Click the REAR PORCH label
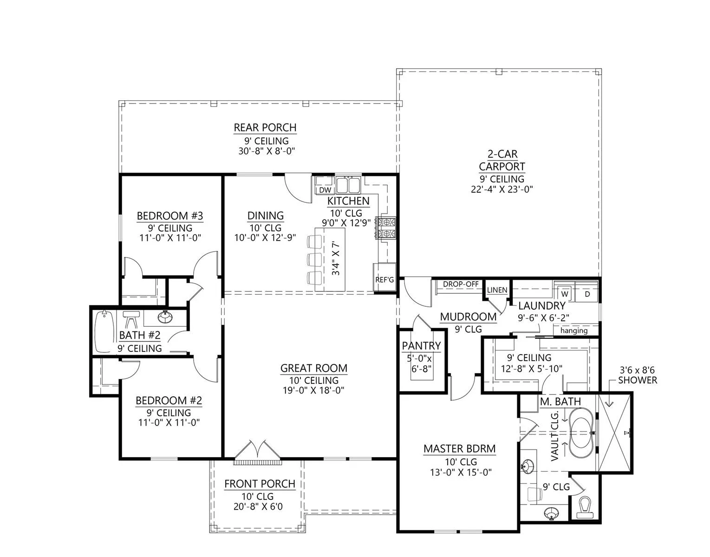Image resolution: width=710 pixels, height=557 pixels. coord(265,127)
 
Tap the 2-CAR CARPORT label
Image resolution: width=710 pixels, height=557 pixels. coord(502,160)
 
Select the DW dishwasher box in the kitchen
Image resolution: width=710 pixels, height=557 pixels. coord(325,190)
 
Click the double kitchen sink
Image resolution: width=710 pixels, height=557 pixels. coord(348,185)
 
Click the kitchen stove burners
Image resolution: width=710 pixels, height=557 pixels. coord(386,228)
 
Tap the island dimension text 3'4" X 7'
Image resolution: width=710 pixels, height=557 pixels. coord(336,258)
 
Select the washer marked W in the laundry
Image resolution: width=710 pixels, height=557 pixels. coord(565,293)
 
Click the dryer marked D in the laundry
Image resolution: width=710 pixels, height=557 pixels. coord(587,294)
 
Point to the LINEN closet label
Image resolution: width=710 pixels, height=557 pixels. coord(497,290)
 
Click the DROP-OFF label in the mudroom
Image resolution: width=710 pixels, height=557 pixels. coord(460,284)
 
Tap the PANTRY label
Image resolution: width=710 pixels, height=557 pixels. coord(421,345)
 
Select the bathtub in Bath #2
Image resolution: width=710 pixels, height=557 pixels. coord(104,332)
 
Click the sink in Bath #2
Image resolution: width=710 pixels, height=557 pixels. coord(165,317)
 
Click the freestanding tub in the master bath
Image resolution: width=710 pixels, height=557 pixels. coord(581,433)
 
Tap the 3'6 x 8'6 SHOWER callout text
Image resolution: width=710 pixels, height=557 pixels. coord(637,375)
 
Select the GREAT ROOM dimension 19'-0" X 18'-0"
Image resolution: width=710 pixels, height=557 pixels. coord(313,390)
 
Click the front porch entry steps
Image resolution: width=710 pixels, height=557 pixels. coord(257,462)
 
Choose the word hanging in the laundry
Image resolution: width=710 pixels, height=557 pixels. coord(574,330)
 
